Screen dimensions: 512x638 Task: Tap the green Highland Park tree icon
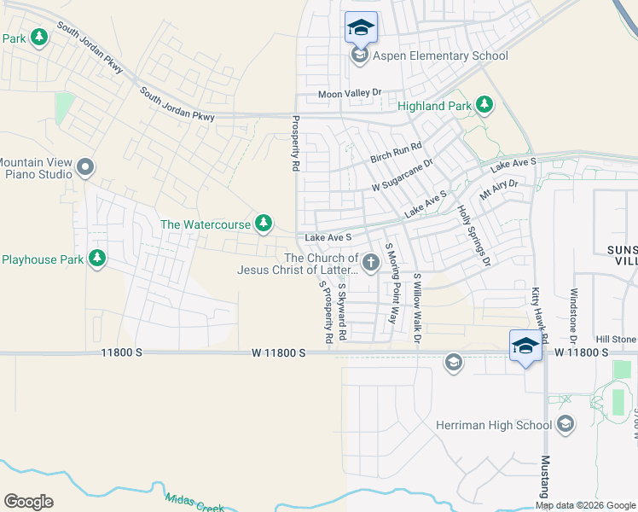click(484, 105)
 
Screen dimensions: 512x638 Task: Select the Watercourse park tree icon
click(264, 224)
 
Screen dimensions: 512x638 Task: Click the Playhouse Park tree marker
click(97, 258)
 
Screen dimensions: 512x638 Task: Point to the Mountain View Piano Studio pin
click(84, 167)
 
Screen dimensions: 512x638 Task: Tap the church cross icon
click(371, 264)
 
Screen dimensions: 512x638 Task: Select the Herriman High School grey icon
click(565, 425)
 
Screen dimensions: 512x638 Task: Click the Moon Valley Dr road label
click(349, 93)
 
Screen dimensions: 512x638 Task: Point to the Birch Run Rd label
click(396, 154)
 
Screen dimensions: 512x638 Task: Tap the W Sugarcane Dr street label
click(402, 174)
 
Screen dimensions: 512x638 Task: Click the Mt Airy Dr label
click(498, 189)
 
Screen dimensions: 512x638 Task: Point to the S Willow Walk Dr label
click(417, 310)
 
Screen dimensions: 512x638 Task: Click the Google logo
click(28, 502)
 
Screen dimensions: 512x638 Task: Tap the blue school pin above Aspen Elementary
click(360, 28)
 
